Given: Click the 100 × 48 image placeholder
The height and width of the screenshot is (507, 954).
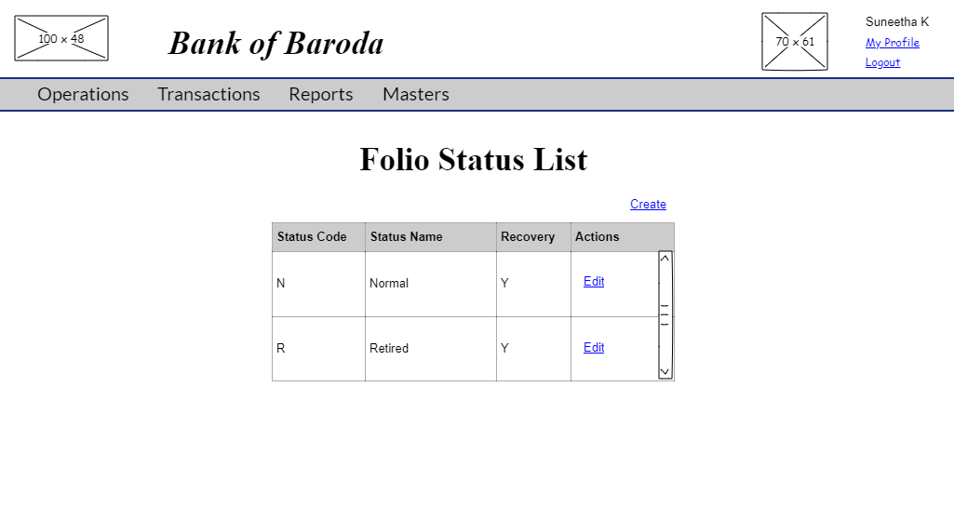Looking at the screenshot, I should tap(61, 38).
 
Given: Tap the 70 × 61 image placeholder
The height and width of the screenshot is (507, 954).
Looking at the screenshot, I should tap(795, 42).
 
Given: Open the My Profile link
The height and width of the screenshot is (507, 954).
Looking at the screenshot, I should tap(892, 43).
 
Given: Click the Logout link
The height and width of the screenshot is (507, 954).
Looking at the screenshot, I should tap(882, 63).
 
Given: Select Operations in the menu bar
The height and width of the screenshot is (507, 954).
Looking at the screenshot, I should tap(83, 94).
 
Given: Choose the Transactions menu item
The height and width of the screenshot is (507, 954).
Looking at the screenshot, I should tap(208, 94).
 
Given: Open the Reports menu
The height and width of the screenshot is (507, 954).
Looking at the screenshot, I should tap(321, 94).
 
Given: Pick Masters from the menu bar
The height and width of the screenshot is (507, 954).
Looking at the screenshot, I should tap(416, 94).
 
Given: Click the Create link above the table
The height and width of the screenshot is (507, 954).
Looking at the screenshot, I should tap(648, 205).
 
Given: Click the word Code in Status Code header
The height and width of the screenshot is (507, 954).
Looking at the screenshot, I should tap(331, 237).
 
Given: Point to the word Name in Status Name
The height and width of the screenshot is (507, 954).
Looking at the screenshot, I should tap(426, 237).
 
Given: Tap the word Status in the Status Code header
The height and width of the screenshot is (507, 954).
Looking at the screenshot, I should tap(295, 237).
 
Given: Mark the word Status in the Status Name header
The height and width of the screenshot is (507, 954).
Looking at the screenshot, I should tap(388, 237).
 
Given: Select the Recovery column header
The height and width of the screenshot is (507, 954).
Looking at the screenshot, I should tap(528, 237).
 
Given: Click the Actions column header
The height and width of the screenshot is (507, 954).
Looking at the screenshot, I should tap(598, 237).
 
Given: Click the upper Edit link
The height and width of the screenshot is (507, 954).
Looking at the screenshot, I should tap(594, 282).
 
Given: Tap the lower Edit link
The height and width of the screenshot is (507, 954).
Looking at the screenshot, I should tap(594, 347).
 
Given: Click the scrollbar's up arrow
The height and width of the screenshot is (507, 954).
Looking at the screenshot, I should tap(665, 259).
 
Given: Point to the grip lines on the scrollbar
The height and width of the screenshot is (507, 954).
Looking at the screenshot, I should tap(665, 315).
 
